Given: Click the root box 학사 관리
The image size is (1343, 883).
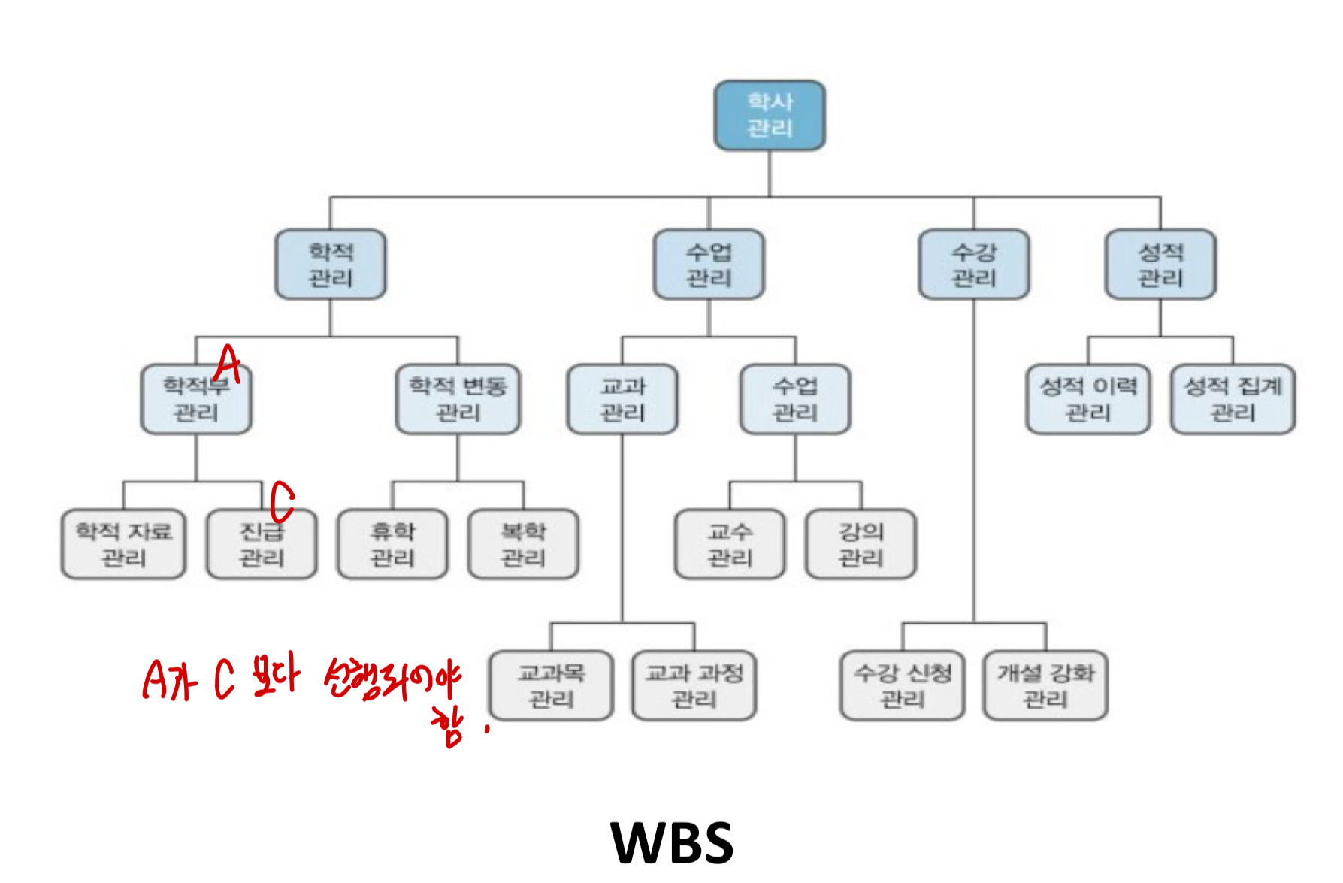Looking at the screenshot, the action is coord(769,115).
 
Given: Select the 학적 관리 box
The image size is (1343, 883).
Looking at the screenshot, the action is coord(331,265).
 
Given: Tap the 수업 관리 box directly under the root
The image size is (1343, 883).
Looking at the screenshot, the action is coord(709,265).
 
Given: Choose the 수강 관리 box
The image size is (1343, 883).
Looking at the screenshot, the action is coord(973,265).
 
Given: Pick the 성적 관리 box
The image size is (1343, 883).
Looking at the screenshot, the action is coord(1160,265).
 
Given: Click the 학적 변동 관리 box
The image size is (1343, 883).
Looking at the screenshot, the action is coord(458,399).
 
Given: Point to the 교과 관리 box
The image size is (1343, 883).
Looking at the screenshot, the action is coord(622,399).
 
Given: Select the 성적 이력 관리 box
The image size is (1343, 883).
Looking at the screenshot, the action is coord(1087,399).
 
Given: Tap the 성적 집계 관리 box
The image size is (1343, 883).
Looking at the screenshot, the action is coord(1233,399).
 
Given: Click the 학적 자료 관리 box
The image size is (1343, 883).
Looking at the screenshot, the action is coord(123,544).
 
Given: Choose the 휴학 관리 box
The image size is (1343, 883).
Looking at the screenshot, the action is coord(392,544).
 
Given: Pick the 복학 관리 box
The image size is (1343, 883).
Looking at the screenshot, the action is coord(523,544).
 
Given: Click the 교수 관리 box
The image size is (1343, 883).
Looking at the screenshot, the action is coord(730,544).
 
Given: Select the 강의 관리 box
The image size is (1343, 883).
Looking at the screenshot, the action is coord(861,544).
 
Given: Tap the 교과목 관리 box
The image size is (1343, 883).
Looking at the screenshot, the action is coord(551,685).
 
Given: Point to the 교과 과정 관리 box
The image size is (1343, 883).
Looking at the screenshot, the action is coord(694,685).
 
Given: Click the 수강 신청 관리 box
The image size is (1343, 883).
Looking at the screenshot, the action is coord(902,685).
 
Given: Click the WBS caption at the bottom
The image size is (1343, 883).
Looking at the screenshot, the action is coord(672,842).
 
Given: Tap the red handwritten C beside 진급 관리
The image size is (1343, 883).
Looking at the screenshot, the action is coord(282,501).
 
